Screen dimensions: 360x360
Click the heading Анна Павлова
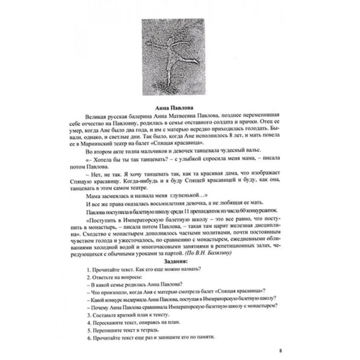(180, 108)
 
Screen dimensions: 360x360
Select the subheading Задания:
(180, 261)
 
